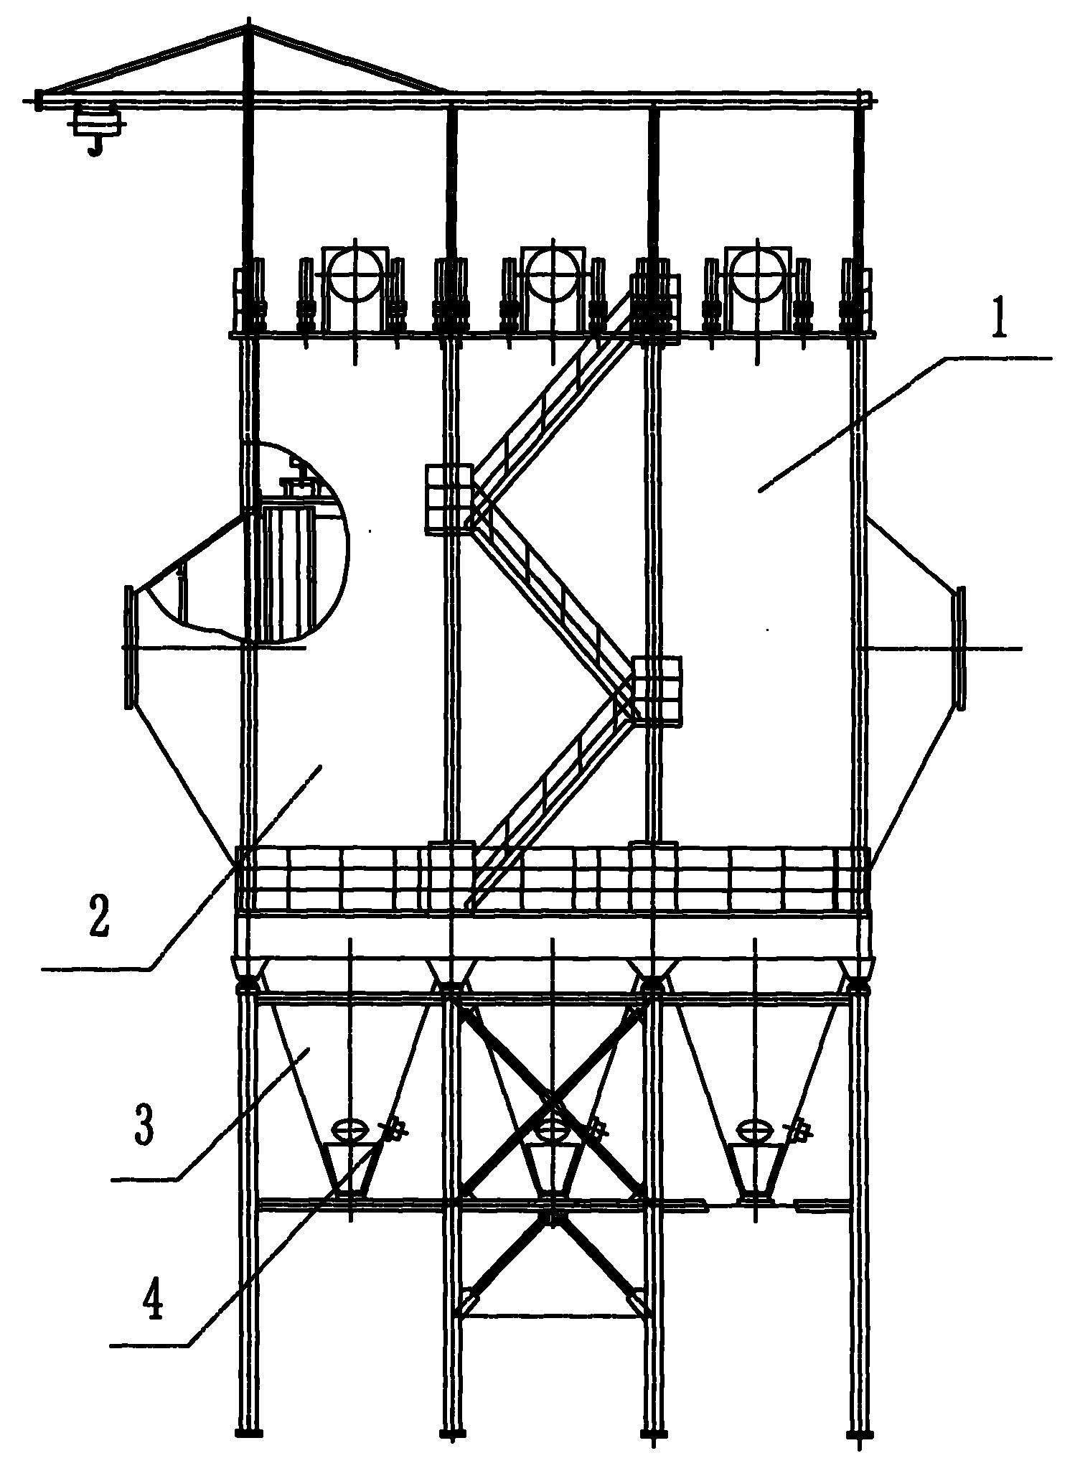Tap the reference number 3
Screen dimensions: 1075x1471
(x=144, y=1125)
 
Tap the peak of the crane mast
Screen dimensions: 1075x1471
(x=248, y=25)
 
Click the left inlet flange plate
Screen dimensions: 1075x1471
(x=129, y=647)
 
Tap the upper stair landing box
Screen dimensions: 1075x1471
(x=449, y=498)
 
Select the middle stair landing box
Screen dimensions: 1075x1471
(x=656, y=689)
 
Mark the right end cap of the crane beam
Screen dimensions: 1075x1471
(x=868, y=100)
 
